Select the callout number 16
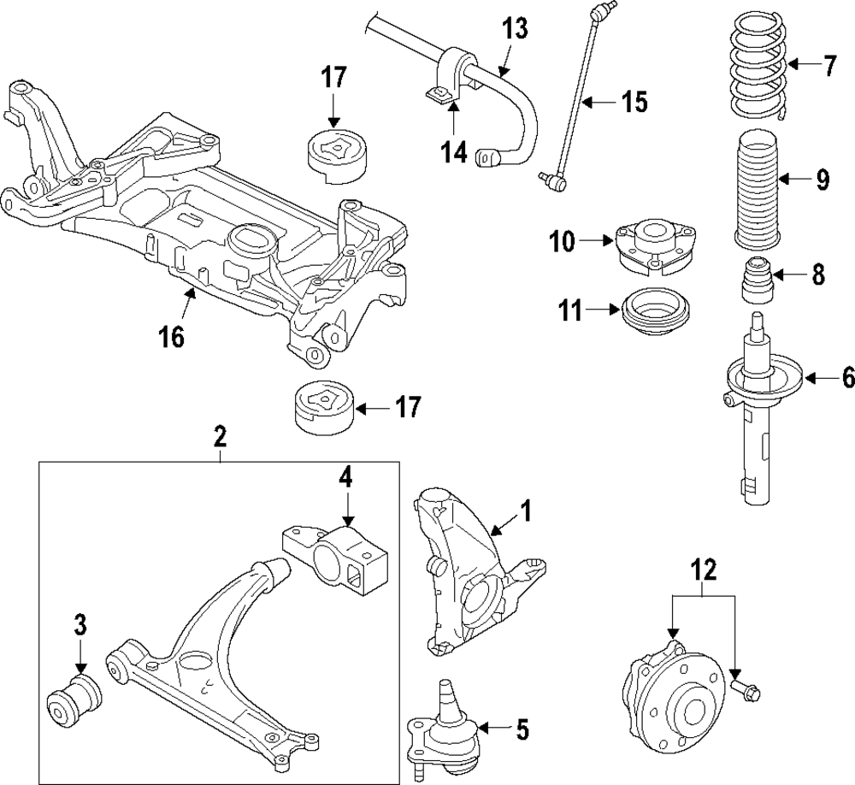(172, 337)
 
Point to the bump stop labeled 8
(758, 280)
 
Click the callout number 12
(704, 571)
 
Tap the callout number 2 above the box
(220, 436)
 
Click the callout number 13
(515, 28)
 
